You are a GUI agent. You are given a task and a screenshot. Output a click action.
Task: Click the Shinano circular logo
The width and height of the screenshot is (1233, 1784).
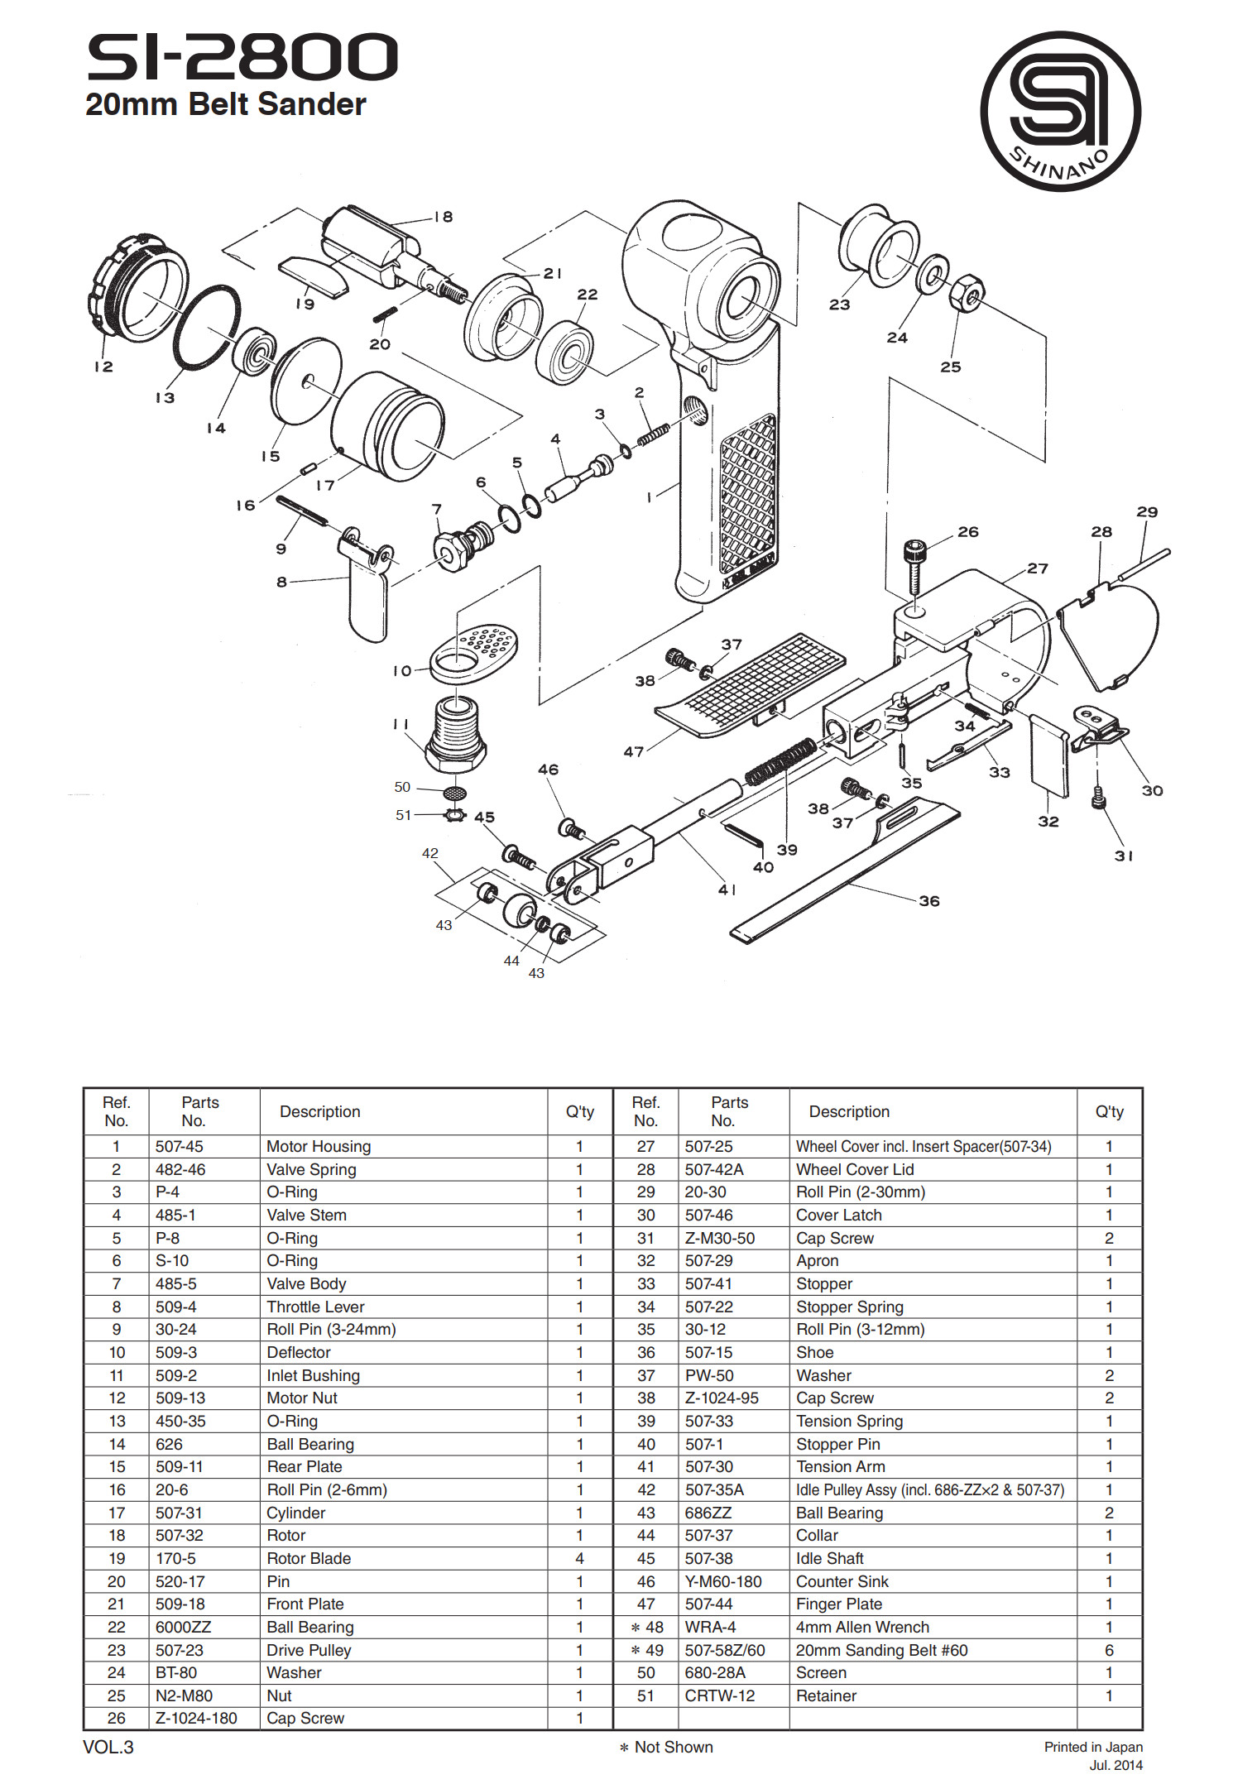[x=1060, y=112]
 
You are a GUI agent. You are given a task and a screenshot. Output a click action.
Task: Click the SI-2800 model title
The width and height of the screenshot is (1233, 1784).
[x=242, y=57]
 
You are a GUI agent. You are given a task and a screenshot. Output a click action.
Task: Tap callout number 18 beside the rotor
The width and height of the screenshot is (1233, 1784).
[x=444, y=217]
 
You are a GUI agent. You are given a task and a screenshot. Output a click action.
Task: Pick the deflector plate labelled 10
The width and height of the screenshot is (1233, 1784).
[x=473, y=653]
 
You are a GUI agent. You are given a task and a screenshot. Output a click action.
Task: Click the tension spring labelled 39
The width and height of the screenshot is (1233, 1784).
[x=781, y=761]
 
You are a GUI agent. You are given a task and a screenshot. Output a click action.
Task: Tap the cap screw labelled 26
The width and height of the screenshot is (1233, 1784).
[x=914, y=568]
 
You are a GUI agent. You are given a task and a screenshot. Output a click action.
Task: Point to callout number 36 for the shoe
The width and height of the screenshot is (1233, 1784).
[x=929, y=901]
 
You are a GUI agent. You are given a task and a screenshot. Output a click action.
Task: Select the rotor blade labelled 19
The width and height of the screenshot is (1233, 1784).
[x=314, y=276]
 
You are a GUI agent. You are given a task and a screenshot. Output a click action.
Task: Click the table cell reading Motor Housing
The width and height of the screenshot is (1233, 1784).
[x=319, y=1146]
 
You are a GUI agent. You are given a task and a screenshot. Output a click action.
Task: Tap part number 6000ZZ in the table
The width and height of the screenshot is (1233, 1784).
[x=183, y=1627]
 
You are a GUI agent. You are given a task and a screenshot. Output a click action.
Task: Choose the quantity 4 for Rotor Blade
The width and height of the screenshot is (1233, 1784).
[x=579, y=1558]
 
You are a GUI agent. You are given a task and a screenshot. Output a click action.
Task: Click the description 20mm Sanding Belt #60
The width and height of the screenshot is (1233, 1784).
[x=881, y=1650]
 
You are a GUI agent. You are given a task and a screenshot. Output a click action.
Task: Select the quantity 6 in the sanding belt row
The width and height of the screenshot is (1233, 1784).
[x=1109, y=1650]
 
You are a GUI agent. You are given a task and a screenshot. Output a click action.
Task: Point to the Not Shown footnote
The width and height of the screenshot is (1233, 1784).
[x=667, y=1747]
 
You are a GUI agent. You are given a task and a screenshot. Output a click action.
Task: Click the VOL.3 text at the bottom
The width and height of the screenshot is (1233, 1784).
[x=108, y=1747]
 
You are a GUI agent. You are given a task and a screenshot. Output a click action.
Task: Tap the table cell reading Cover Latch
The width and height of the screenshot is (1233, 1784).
[x=839, y=1215]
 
